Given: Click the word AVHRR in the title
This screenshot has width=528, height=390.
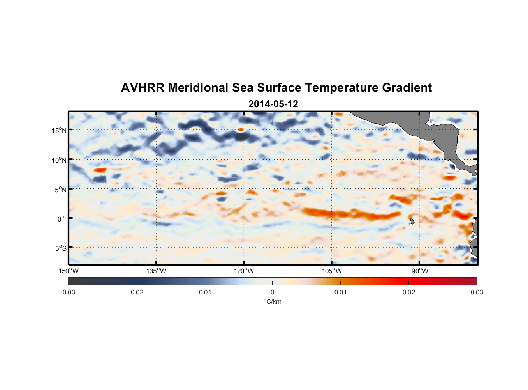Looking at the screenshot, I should click(143, 88).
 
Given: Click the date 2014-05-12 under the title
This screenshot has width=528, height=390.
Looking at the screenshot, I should click(273, 104).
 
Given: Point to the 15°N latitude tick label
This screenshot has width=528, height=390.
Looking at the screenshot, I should click(59, 130).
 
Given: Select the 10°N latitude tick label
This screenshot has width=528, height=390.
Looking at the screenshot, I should click(59, 160).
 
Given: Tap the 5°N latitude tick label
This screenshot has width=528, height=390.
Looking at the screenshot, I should click(61, 190).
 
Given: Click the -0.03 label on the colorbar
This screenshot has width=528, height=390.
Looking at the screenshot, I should click(68, 292).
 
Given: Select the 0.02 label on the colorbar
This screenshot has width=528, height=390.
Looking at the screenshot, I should click(408, 292).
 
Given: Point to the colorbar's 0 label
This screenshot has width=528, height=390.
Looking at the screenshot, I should click(272, 292).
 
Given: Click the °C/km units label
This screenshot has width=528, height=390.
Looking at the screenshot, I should click(272, 301).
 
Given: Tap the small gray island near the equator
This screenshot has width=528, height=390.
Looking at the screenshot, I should click(412, 221).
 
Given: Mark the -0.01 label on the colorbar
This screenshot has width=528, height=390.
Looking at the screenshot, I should click(204, 292).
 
